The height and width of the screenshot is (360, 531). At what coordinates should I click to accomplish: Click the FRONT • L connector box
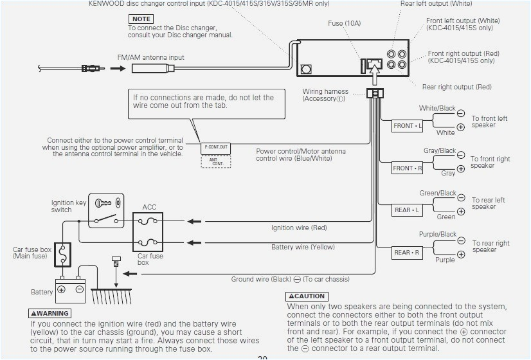408,126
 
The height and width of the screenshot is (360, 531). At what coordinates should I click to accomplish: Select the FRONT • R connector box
408,168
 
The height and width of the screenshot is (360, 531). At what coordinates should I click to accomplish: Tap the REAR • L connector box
408,210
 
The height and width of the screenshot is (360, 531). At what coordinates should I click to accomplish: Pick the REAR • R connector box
408,253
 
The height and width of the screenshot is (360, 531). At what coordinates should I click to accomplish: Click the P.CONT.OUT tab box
216,147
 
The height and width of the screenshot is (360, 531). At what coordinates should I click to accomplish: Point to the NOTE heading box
141,19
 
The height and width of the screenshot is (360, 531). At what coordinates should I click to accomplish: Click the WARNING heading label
50,314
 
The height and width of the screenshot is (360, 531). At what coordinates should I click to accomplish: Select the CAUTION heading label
307,296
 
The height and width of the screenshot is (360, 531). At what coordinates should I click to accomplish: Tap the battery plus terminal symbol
62,289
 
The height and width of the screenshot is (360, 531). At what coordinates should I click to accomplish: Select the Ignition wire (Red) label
299,228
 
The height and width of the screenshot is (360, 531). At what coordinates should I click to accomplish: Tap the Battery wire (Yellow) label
303,247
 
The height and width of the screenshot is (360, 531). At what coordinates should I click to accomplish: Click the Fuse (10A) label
345,24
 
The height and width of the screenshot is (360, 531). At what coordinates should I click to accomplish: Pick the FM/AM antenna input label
150,57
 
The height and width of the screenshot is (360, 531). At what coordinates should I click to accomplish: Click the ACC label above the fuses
149,208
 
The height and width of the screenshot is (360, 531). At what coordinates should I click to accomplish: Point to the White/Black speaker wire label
437,109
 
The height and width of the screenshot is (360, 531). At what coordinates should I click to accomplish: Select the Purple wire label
445,260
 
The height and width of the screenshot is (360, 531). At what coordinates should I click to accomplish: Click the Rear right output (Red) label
456,87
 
